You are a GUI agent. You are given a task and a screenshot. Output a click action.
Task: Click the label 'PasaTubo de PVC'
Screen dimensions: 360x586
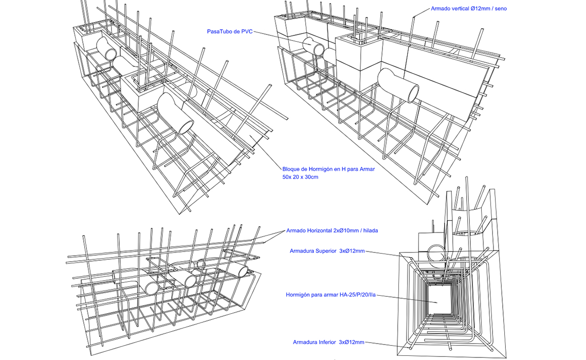click(x=229, y=32)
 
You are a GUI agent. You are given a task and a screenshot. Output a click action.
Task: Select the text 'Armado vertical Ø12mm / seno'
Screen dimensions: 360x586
click(x=468, y=9)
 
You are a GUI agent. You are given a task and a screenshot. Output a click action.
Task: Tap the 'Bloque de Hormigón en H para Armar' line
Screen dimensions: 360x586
click(x=328, y=169)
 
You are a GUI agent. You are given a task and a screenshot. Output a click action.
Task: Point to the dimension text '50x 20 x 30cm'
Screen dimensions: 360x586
click(x=300, y=177)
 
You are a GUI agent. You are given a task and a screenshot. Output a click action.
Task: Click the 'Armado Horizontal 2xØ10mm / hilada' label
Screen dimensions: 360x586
click(x=332, y=230)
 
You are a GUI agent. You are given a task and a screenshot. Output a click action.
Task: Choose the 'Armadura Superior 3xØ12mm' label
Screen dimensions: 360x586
click(x=327, y=251)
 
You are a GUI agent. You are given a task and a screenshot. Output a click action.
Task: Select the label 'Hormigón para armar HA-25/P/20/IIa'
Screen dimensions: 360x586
click(x=331, y=295)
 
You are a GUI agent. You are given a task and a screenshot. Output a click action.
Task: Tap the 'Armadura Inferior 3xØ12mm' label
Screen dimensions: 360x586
click(x=328, y=342)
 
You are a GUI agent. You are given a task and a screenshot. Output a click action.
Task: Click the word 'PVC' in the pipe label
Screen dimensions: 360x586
click(x=246, y=32)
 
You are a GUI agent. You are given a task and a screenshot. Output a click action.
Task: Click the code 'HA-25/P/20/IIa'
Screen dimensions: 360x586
click(x=357, y=295)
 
